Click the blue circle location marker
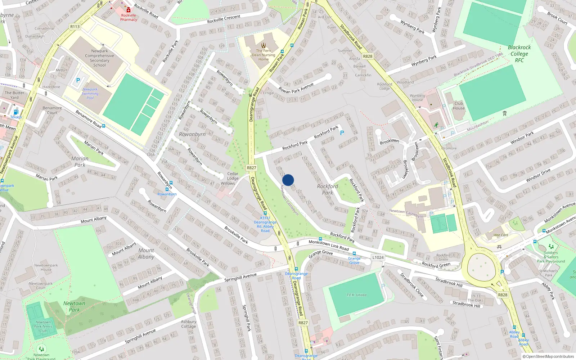click(x=288, y=180)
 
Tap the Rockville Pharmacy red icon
click(x=129, y=10)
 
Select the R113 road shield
click(x=75, y=27)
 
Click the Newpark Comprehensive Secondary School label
click(x=99, y=58)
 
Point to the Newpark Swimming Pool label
click(x=90, y=94)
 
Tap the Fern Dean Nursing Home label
click(x=264, y=55)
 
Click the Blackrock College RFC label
click(x=519, y=54)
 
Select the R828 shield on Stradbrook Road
click(x=368, y=56)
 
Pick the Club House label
click(x=459, y=105)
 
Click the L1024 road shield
click(x=378, y=257)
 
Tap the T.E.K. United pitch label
click(x=356, y=295)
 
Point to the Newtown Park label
click(x=74, y=306)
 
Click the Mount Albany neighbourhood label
click(x=146, y=253)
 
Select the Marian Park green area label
click(x=80, y=162)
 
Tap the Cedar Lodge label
click(x=233, y=176)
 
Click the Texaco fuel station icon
click(x=15, y=112)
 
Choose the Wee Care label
click(x=501, y=235)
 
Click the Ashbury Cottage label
click(x=189, y=324)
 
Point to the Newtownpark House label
click(x=46, y=267)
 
